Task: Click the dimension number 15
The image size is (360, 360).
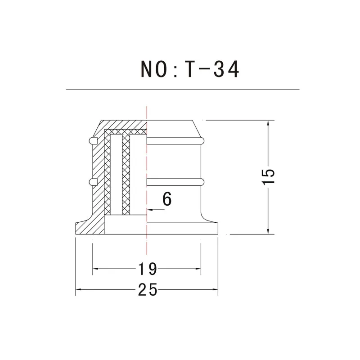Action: click(268, 176)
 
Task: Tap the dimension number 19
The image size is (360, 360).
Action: click(148, 269)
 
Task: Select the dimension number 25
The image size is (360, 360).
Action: click(148, 289)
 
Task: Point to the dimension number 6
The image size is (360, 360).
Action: click(167, 199)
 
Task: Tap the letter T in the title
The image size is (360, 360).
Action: click(189, 69)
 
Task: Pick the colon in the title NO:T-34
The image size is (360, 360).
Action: click(175, 71)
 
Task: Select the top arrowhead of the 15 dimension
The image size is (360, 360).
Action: click(268, 123)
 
